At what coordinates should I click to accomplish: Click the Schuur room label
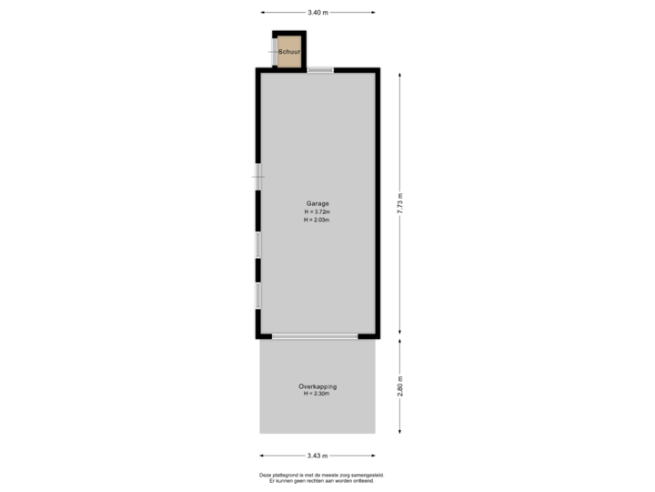[289, 53]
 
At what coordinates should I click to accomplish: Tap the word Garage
[317, 203]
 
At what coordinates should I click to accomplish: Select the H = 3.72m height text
[317, 211]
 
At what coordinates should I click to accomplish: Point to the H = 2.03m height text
[317, 220]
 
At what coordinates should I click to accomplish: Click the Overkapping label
[317, 386]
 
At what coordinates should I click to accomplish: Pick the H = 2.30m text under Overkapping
[317, 395]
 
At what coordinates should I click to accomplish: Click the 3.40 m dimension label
[317, 13]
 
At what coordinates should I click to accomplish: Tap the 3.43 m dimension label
[317, 456]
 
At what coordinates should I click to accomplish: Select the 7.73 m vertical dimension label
[398, 202]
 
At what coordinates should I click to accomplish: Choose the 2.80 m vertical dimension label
[398, 387]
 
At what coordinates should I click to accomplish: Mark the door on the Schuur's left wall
[273, 52]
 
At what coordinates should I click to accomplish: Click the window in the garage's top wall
[320, 70]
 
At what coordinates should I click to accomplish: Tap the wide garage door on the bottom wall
[315, 336]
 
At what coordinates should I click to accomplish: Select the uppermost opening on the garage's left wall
[258, 176]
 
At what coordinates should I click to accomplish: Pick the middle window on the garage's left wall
[258, 245]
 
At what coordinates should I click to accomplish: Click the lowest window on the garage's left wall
[258, 296]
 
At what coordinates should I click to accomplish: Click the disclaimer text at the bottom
[321, 476]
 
